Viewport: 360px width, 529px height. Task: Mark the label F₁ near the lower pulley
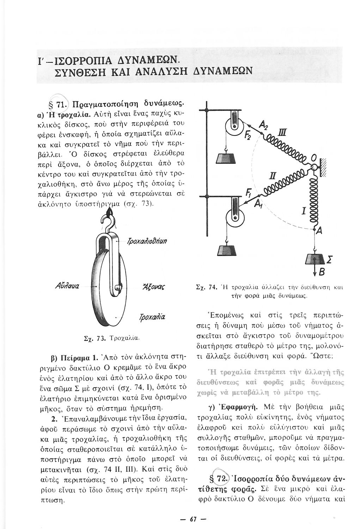[x=249, y=193]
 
